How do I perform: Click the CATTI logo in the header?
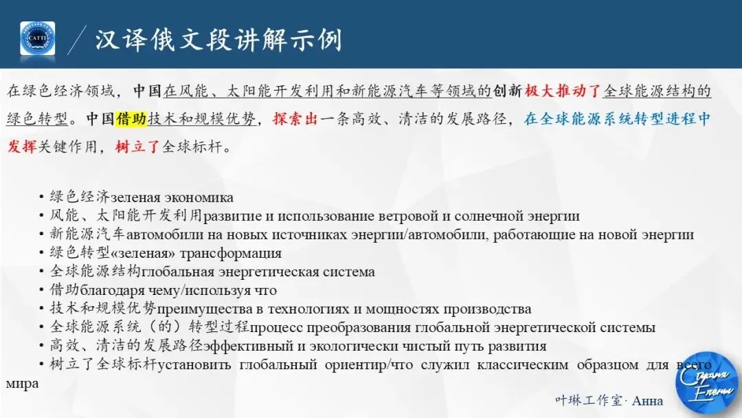[38, 38]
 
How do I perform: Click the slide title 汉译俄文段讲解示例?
[218, 39]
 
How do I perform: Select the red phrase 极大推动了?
[563, 91]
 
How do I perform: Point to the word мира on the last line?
[22, 384]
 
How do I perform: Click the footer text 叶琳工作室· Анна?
[609, 400]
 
